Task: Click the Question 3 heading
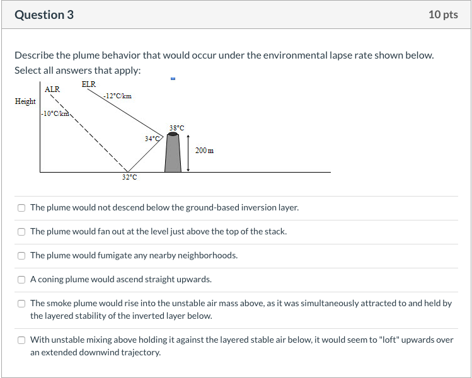click(44, 14)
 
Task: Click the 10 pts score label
click(443, 14)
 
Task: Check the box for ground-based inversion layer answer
click(21, 208)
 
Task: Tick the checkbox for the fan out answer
click(21, 231)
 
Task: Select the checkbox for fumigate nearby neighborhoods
click(21, 256)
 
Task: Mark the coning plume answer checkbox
click(21, 280)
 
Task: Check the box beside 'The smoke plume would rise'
click(21, 304)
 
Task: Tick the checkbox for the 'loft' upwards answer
click(21, 340)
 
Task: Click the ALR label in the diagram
click(52, 89)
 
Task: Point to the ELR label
click(88, 84)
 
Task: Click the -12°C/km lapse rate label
click(118, 96)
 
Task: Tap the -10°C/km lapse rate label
click(55, 113)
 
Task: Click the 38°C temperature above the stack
click(176, 128)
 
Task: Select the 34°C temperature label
click(152, 139)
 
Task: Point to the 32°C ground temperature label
click(129, 177)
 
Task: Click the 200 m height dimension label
click(204, 151)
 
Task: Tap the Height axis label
click(25, 101)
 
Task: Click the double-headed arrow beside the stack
click(188, 153)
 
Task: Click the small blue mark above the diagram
click(173, 79)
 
